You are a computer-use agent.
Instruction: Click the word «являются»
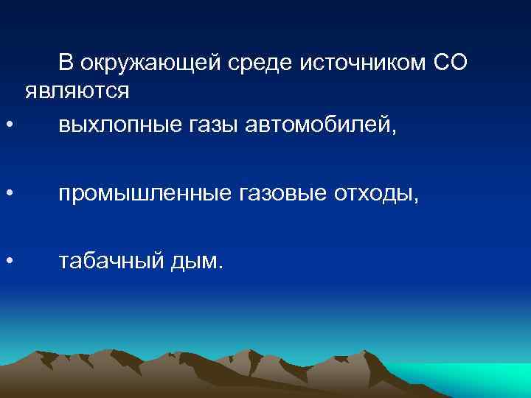point(77,92)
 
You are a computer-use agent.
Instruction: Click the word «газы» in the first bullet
point(209,126)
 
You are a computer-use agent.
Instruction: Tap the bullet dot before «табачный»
point(8,260)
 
